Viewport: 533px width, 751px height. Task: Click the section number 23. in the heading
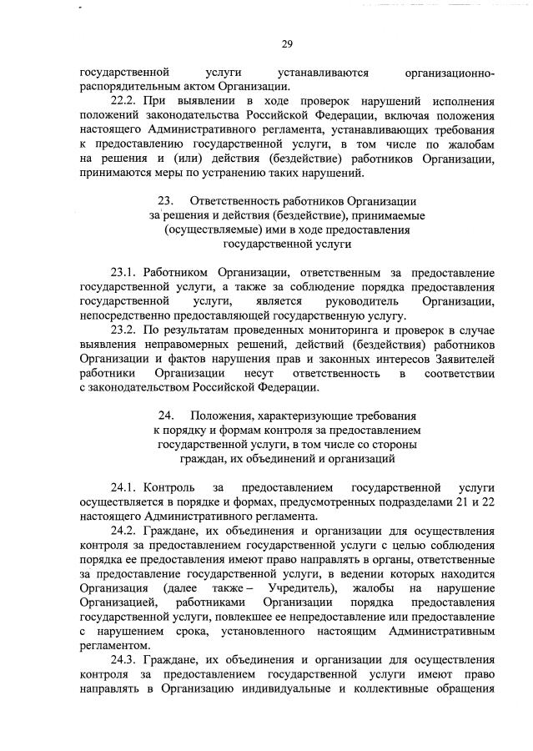click(x=164, y=201)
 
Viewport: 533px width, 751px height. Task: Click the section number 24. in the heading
click(x=164, y=415)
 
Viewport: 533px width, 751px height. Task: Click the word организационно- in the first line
click(x=449, y=73)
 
